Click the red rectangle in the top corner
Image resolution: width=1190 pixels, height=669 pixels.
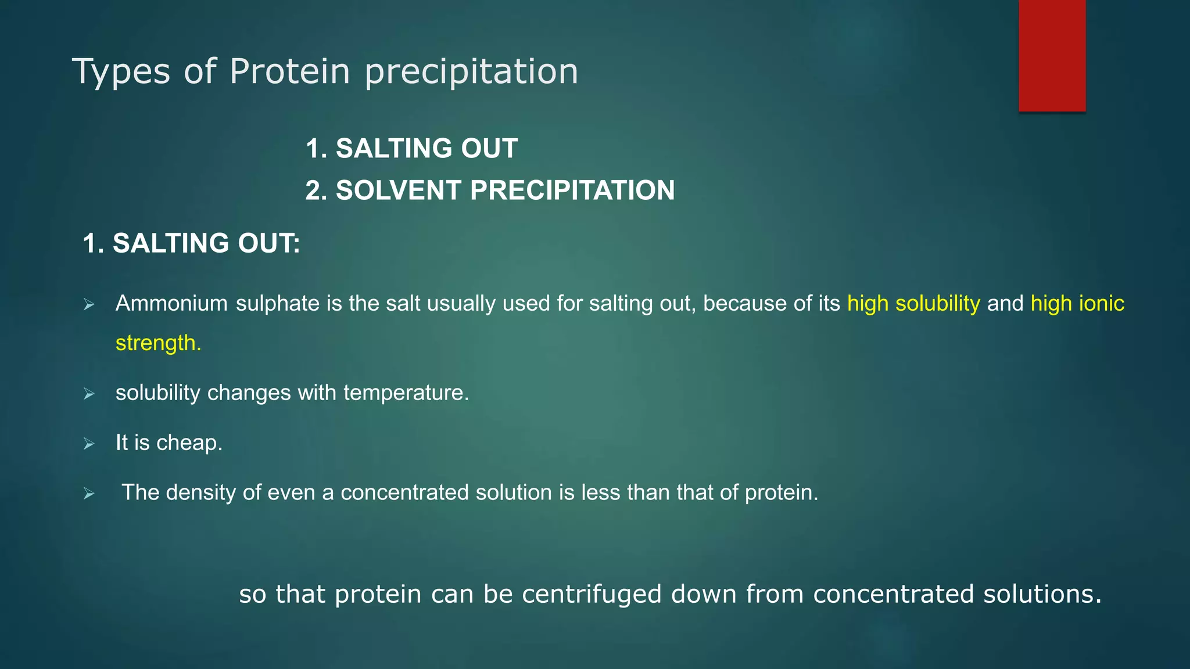[x=1052, y=56]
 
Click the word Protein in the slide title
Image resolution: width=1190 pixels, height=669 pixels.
[x=289, y=71]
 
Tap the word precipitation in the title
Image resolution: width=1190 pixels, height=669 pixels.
[x=471, y=73]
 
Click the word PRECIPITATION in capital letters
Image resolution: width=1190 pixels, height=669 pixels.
[x=572, y=190]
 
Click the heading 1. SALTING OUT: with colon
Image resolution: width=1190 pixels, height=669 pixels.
[x=191, y=243]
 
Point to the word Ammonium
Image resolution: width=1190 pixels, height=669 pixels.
[x=171, y=304]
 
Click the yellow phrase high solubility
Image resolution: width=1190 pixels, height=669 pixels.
[x=913, y=304]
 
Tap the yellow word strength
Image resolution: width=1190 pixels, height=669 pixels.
[x=158, y=343]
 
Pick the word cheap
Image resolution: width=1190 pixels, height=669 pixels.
[x=189, y=444]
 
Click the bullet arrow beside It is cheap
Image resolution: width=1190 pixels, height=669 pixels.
[x=89, y=444]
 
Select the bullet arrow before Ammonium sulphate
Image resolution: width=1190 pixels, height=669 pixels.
[x=89, y=304]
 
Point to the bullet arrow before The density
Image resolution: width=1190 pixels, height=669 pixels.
[x=89, y=494]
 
